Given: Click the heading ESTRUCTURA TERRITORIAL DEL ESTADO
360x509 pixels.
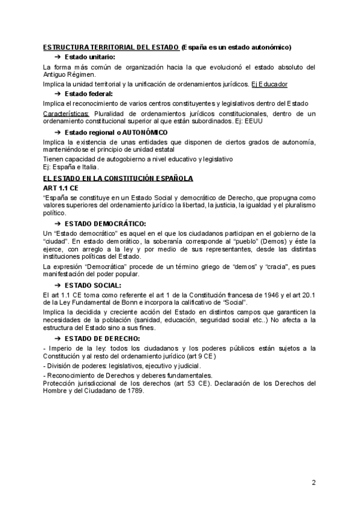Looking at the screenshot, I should tap(111, 47).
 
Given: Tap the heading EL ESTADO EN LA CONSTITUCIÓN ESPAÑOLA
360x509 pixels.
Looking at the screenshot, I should tap(118, 178).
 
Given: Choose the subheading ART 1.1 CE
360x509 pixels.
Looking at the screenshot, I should tap(61, 188).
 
